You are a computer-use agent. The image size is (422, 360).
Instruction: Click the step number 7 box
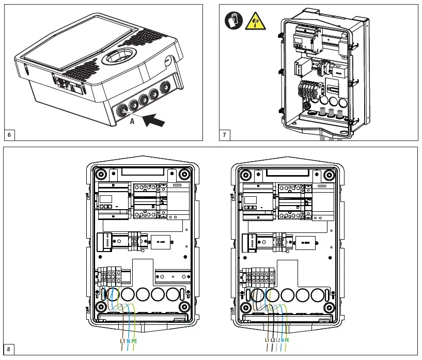pyautogui.click(x=225, y=135)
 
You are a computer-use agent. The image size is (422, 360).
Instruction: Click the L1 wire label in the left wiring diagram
pyautogui.click(x=122, y=340)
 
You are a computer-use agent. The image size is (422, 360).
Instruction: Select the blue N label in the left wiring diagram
pyautogui.click(x=128, y=340)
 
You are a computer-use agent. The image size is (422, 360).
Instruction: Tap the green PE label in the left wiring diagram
pyautogui.click(x=134, y=340)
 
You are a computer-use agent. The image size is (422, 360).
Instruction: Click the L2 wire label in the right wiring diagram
pyautogui.click(x=273, y=340)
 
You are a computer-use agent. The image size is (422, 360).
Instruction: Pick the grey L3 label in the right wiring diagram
pyautogui.click(x=278, y=340)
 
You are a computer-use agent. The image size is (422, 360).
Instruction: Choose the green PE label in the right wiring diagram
pyautogui.click(x=287, y=340)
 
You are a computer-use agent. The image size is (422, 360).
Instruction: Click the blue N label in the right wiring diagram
pyautogui.click(x=283, y=340)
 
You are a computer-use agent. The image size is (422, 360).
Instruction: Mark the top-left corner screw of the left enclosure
pyautogui.click(x=101, y=174)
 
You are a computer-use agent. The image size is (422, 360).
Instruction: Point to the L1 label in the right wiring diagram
pyautogui.click(x=267, y=340)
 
